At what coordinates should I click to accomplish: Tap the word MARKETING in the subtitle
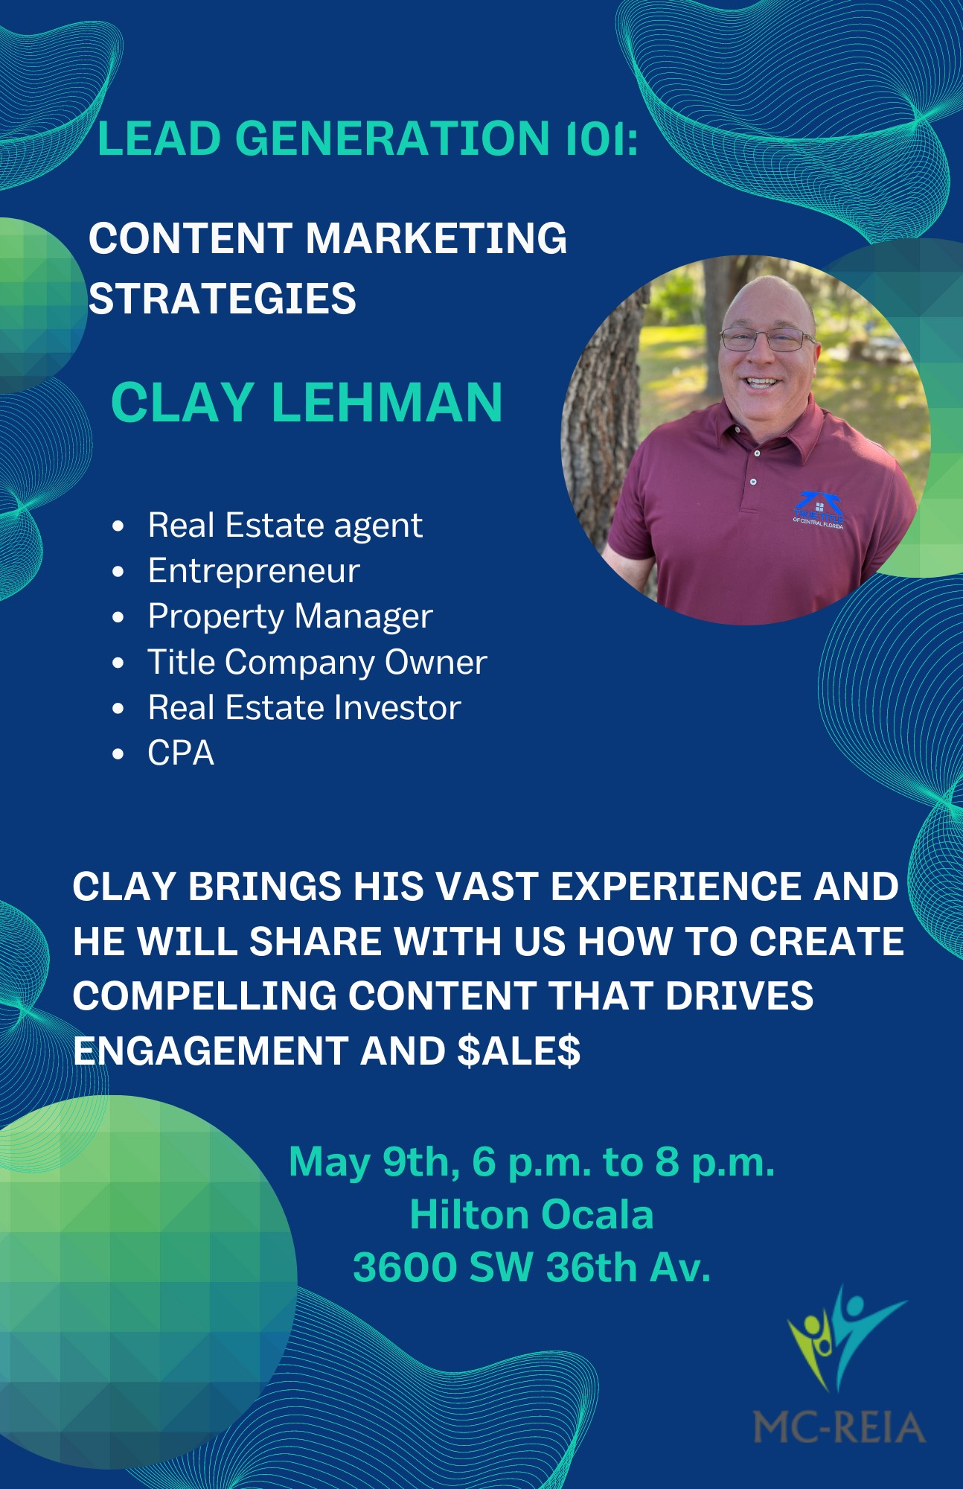point(436,238)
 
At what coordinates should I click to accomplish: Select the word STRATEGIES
point(223,299)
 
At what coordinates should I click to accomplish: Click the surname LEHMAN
point(387,403)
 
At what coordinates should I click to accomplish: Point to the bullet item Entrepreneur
point(254,571)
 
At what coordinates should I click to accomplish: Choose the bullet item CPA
point(181,753)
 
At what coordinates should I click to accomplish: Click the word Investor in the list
point(398,707)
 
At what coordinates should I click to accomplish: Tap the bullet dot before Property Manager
point(118,618)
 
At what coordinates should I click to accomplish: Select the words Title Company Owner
point(318,663)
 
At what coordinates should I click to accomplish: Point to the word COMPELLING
point(205,996)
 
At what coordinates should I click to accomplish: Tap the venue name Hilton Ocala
point(531,1215)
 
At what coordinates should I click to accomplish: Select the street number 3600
point(405,1268)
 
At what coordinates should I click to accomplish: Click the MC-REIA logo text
point(839,1427)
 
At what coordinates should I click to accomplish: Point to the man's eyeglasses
point(768,339)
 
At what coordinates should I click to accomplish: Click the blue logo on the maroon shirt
point(817,510)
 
